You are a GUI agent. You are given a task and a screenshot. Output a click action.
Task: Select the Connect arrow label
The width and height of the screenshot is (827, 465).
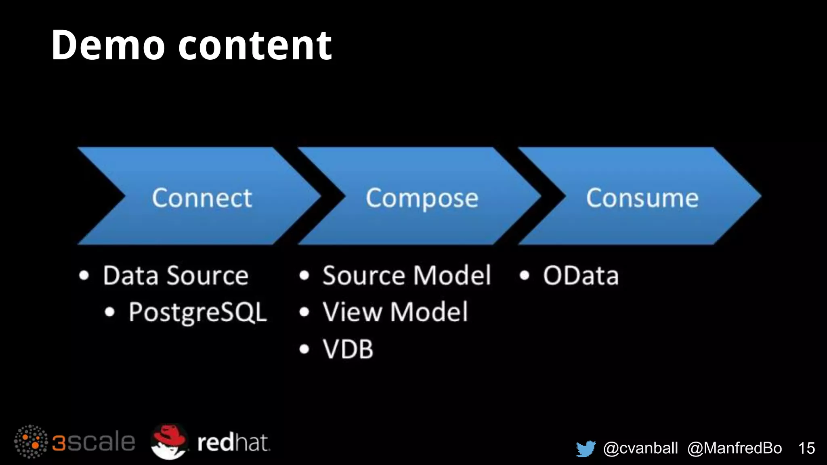(202, 198)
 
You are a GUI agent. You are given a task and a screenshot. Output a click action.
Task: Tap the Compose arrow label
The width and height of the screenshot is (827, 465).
(422, 198)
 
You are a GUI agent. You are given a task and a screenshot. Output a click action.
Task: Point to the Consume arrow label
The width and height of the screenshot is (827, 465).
(642, 198)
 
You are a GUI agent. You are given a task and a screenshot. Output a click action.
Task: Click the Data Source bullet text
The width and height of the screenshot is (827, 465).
(176, 276)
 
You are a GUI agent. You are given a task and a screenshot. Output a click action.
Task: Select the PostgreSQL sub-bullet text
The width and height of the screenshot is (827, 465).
(198, 312)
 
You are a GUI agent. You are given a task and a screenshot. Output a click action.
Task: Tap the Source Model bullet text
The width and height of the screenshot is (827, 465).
(407, 276)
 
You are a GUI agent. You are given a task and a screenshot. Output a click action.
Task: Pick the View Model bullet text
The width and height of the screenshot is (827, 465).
(395, 312)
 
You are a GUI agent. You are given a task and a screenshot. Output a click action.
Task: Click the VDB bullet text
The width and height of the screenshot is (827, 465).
(348, 349)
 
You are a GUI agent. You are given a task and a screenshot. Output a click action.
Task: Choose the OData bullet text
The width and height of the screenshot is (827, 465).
(581, 276)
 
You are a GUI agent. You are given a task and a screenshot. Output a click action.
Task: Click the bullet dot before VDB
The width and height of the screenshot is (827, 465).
(304, 349)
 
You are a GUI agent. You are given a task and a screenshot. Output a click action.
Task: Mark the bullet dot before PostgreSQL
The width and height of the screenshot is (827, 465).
(110, 312)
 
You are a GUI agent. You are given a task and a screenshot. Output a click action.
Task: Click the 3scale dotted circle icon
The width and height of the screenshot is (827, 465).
(31, 442)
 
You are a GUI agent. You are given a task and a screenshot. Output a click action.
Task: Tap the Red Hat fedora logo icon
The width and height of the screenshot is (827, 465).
(169, 441)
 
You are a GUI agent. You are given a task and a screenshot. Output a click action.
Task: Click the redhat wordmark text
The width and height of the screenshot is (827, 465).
(233, 443)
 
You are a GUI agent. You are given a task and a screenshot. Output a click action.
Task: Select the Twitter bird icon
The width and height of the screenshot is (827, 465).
(586, 448)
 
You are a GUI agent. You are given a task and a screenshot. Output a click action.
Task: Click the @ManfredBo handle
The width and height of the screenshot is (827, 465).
(735, 448)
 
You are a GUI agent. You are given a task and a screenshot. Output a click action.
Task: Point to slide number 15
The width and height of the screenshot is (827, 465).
(806, 448)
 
